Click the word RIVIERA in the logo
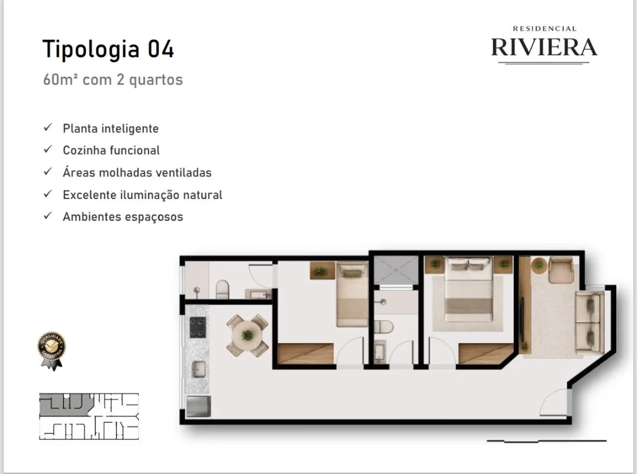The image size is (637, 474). tap(545, 47)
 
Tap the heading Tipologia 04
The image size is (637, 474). tap(108, 49)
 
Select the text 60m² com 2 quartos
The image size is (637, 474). tap(113, 79)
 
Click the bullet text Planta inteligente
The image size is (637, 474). tap(111, 129)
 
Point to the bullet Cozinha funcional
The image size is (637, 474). tap(111, 150)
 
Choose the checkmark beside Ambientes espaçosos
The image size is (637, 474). tap(48, 216)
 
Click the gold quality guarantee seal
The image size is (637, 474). tap(52, 350)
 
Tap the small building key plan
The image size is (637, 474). tap(89, 417)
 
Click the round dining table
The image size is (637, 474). tap(247, 335)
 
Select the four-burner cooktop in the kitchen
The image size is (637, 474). tap(198, 327)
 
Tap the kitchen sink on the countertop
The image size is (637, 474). tap(199, 369)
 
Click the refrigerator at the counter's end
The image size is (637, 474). tap(198, 406)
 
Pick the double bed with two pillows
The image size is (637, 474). tap(469, 290)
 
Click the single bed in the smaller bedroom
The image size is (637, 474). tap(352, 294)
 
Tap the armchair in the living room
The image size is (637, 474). tap(561, 269)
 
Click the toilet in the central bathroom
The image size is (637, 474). tap(384, 327)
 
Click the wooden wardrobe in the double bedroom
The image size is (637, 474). tap(486, 354)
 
